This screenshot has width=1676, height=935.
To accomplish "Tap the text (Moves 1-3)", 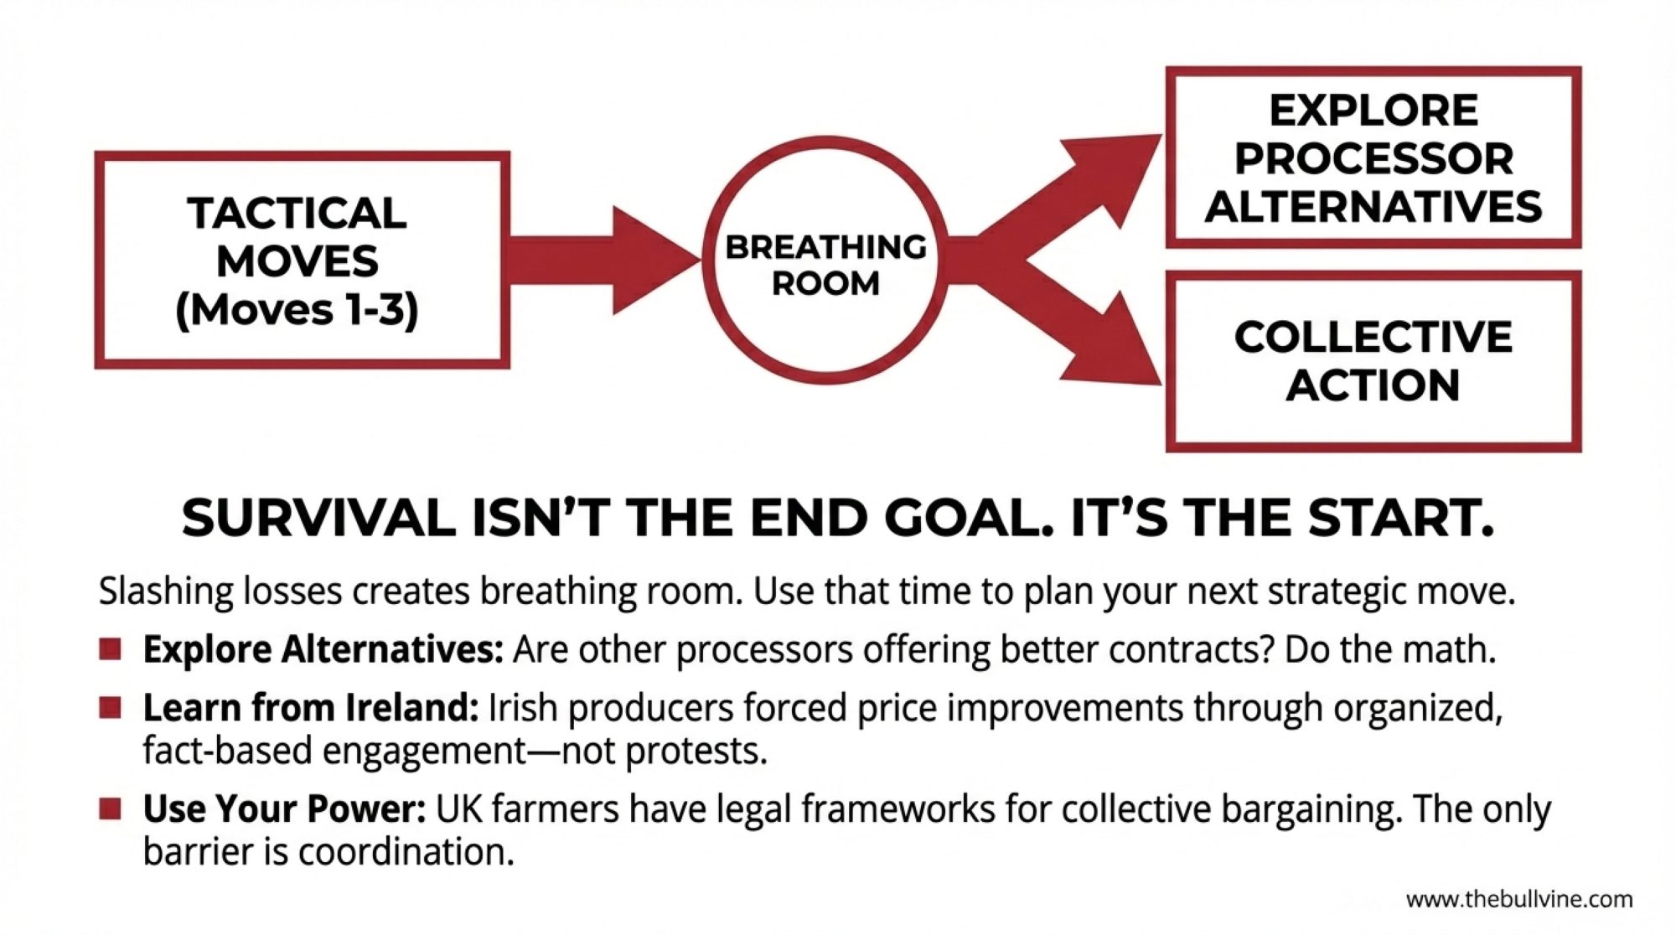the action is [x=297, y=311].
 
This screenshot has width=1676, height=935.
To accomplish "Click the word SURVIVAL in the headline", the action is [x=318, y=518].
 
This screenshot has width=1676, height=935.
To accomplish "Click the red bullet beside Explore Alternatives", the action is [x=110, y=649].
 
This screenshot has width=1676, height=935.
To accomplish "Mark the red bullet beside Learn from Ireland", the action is [x=110, y=708].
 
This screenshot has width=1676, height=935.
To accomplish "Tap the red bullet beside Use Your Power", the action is [x=110, y=808].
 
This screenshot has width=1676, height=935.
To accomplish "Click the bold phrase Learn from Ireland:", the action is [x=311, y=708].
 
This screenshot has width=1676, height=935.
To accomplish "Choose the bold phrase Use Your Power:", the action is [x=285, y=809].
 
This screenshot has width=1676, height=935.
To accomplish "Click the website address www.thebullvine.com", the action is [x=1519, y=900].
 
